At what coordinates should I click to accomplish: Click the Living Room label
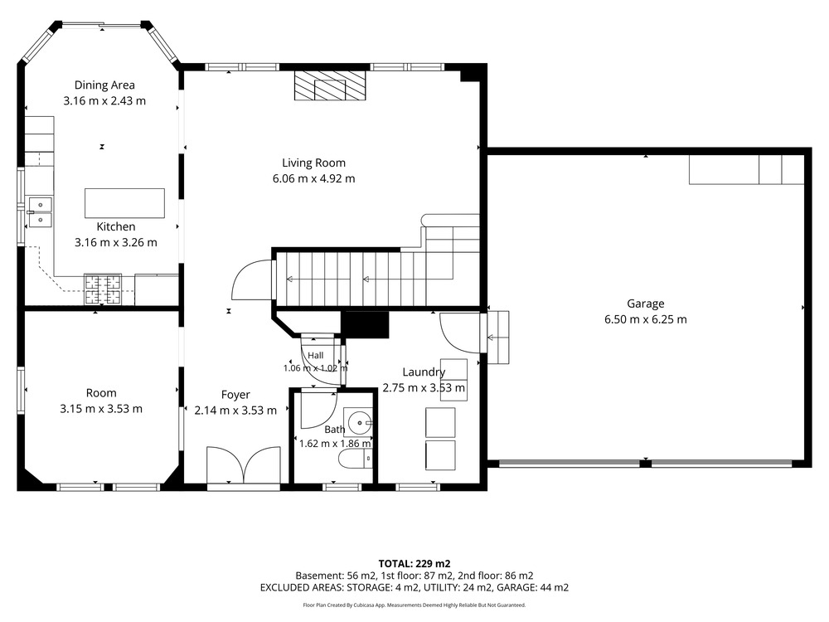coord(313,163)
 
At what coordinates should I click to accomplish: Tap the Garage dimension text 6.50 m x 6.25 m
coord(646,319)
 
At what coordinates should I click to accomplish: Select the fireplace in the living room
coord(330,85)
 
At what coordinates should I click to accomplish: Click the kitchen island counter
coord(125,203)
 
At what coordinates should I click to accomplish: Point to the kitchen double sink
coord(40,212)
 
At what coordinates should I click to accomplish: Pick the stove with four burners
coord(103,289)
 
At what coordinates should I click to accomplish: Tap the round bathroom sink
coord(359,423)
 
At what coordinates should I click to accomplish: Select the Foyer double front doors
coord(243,465)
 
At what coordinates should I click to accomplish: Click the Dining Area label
coord(104,85)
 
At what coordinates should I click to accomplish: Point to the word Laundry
coord(424,372)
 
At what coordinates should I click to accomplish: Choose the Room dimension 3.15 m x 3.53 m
coord(101,409)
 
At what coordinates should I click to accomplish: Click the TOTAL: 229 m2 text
coord(414,564)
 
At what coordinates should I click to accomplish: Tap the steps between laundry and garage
coord(497,338)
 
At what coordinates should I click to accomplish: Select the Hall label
coord(316,356)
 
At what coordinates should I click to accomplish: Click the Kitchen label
coord(116,227)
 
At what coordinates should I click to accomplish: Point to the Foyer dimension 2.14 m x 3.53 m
coord(235,411)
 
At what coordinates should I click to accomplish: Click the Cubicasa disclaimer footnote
coord(414,605)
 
